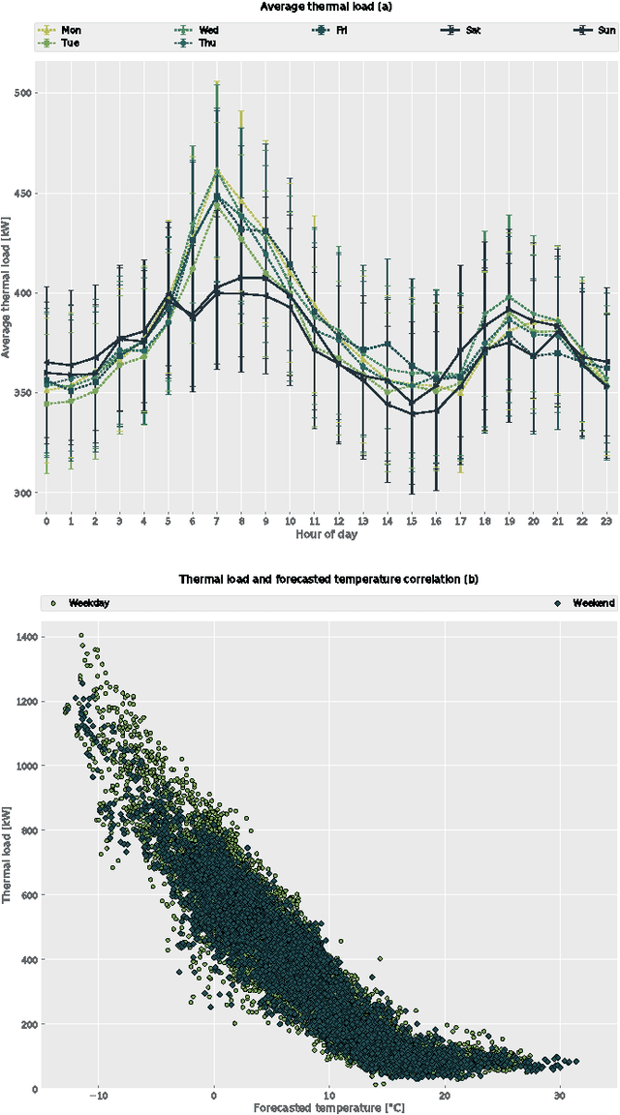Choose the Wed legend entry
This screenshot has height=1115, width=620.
(x=199, y=30)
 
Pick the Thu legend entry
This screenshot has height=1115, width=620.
(x=199, y=43)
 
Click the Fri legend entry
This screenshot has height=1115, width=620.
(x=333, y=30)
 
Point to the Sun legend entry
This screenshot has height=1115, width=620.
(x=596, y=30)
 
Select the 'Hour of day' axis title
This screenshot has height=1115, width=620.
(x=325, y=534)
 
